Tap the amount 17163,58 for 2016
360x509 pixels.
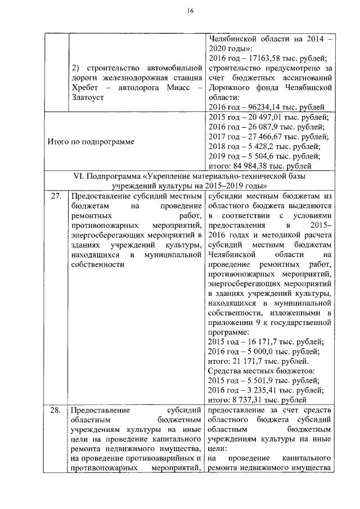point(263,58)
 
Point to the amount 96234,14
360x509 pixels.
point(263,107)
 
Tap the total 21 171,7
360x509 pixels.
point(252,361)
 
